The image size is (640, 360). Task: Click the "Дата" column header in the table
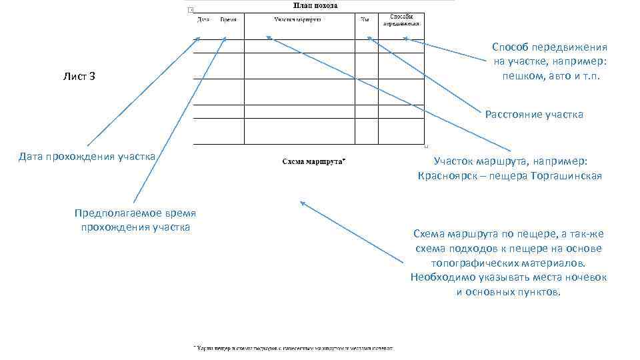coord(203,19)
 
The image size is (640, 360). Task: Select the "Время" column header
coord(228,19)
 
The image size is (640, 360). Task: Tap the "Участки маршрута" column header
coord(298,19)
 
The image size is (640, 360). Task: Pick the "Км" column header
coord(365,19)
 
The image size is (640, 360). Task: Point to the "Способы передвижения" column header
coord(401,19)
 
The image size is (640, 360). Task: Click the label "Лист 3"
coord(79,77)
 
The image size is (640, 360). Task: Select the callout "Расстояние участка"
coord(534,115)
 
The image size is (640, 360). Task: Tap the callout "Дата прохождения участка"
coord(87,157)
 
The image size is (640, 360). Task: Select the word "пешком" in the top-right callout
coord(522,76)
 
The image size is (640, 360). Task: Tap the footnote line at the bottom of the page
coord(293,348)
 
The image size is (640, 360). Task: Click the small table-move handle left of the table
coord(191,9)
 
